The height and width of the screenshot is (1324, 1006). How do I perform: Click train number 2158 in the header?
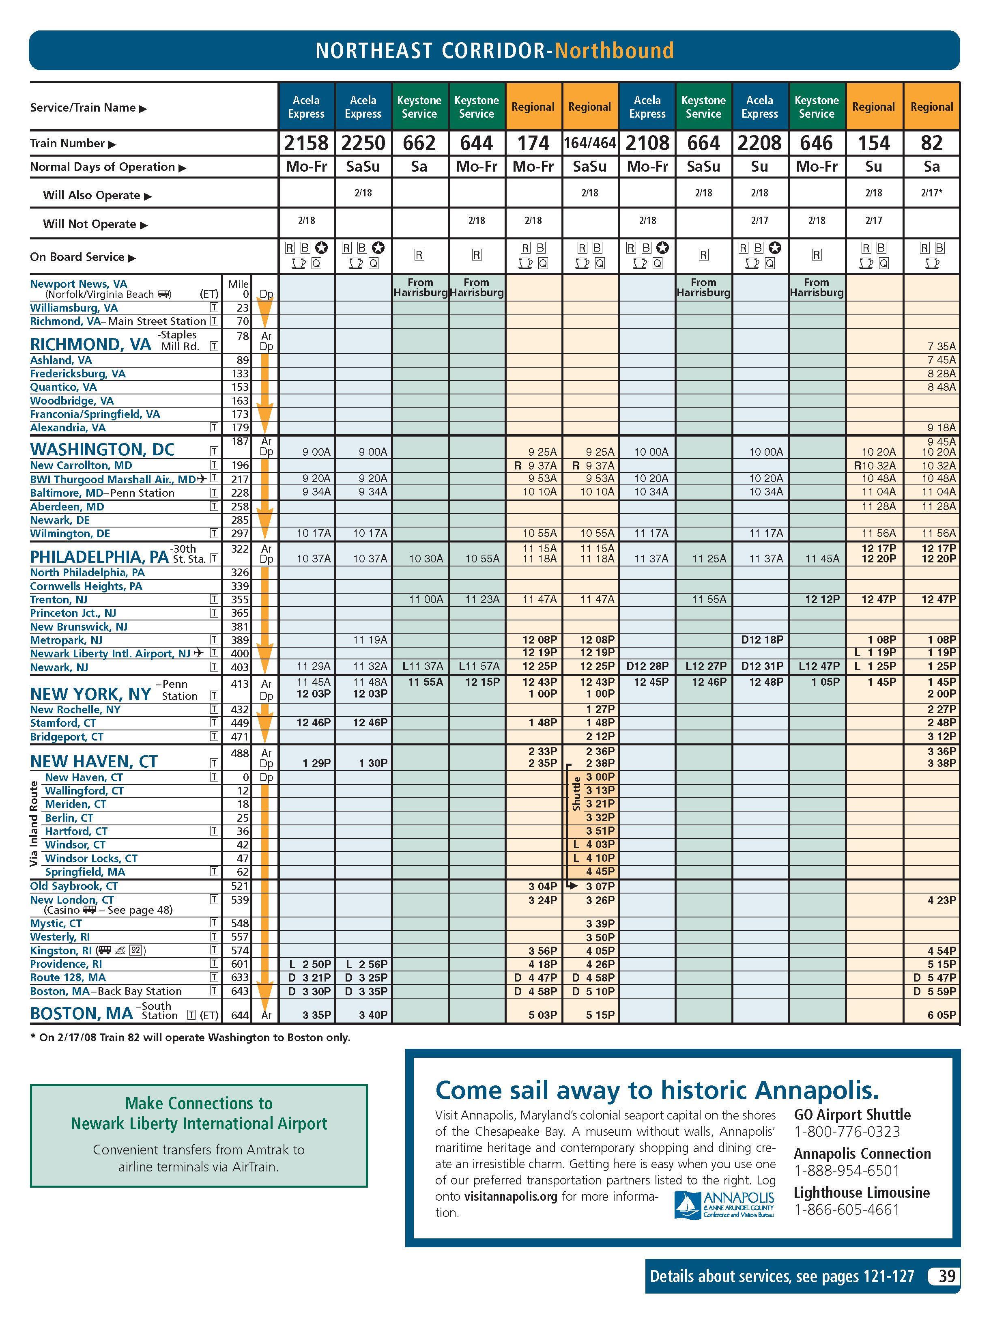tap(306, 143)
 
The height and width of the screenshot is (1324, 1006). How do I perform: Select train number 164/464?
tap(590, 143)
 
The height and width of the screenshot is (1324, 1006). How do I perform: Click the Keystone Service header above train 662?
tap(419, 107)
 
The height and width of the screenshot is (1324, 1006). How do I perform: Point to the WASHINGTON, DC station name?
tap(102, 450)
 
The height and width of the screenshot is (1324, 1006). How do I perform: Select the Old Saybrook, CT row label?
tap(74, 886)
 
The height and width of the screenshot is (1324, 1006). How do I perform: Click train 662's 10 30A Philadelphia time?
tap(426, 559)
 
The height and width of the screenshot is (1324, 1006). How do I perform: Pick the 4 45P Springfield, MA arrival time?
tap(600, 872)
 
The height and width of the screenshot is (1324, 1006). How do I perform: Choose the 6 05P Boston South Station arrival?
tap(942, 1015)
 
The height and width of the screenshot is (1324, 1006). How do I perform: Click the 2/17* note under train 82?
tap(932, 193)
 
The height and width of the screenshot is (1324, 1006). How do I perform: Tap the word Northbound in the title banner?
tap(615, 50)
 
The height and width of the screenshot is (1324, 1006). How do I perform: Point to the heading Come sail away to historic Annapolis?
tap(657, 1090)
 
